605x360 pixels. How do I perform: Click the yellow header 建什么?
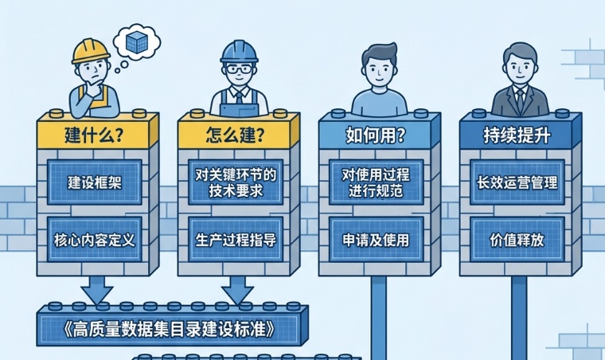(x=94, y=134)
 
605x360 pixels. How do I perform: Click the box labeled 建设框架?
(x=94, y=182)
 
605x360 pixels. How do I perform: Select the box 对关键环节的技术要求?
(x=235, y=182)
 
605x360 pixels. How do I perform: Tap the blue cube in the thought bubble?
(x=137, y=41)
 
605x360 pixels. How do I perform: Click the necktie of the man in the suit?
(x=519, y=99)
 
